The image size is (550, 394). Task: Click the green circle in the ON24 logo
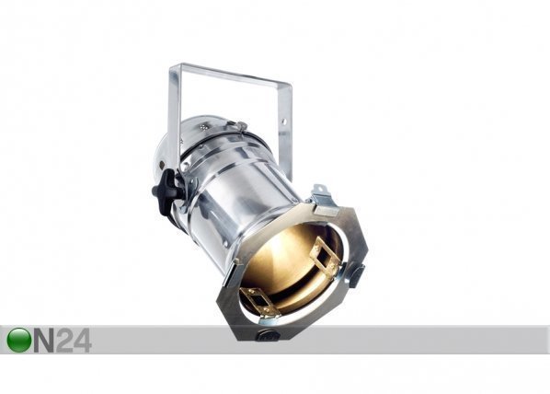[19, 340]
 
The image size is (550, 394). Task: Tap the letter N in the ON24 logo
[44, 341]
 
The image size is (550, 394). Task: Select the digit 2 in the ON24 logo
[64, 341]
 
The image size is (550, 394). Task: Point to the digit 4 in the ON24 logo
[83, 341]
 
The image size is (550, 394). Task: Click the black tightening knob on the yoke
[164, 189]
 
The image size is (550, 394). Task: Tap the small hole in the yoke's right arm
[284, 122]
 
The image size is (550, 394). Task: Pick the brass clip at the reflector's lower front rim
[258, 300]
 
